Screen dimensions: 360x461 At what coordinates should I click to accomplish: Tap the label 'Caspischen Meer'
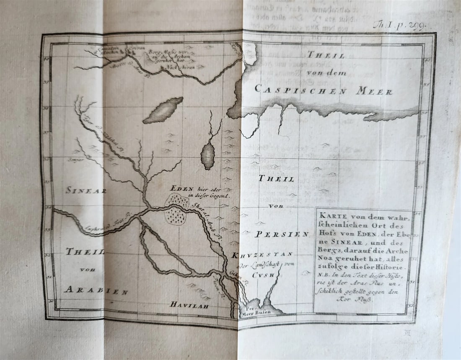click(323, 89)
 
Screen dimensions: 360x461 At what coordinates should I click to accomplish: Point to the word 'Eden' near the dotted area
click(181, 189)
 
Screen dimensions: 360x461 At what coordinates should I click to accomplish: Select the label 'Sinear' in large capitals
click(86, 190)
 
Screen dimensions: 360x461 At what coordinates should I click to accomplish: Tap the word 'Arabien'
click(96, 290)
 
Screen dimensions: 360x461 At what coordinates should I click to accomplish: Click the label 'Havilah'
click(189, 305)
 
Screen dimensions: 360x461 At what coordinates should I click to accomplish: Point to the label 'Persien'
click(282, 234)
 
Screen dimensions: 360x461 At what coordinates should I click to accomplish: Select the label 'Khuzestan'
click(263, 255)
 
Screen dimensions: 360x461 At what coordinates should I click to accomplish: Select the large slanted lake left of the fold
click(163, 110)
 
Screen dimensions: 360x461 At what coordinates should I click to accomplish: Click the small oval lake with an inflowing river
click(207, 155)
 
